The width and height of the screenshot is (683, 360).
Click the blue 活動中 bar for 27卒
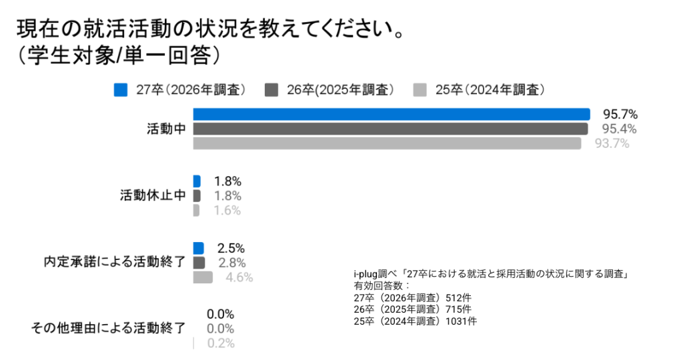tap(392, 114)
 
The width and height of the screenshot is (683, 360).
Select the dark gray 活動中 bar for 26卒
tap(390, 129)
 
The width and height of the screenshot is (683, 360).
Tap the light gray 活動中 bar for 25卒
tap(387, 143)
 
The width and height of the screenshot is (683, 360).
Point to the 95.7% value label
tap(620, 114)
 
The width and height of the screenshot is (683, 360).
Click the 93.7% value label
tap(612, 143)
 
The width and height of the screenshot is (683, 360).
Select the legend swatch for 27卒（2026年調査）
tap(121, 90)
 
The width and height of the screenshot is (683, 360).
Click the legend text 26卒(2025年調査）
tap(339, 90)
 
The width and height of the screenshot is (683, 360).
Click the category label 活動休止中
tap(152, 196)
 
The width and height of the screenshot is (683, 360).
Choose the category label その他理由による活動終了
tap(109, 328)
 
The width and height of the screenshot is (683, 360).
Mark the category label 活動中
tap(165, 129)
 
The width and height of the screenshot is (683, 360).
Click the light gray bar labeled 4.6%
tap(203, 277)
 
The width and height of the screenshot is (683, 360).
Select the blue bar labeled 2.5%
tap(198, 248)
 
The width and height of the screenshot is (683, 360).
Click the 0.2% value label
tap(221, 343)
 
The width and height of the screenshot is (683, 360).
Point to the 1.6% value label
tap(227, 211)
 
